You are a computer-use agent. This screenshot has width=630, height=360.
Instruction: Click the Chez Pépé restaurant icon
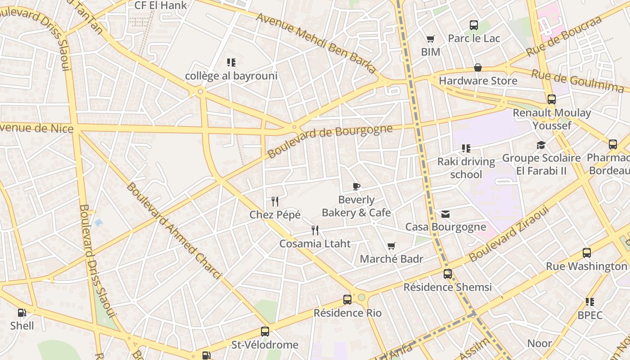pyautogui.click(x=275, y=202)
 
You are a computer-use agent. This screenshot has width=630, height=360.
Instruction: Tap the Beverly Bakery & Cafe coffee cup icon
pyautogui.click(x=356, y=186)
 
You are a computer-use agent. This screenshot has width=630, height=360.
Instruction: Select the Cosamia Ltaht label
pyautogui.click(x=315, y=244)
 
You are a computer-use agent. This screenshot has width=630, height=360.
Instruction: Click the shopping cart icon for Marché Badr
pyautogui.click(x=391, y=246)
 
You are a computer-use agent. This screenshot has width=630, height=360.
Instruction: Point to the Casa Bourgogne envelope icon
pyautogui.click(x=445, y=214)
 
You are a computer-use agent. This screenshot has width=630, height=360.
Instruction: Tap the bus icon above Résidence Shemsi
pyautogui.click(x=448, y=274)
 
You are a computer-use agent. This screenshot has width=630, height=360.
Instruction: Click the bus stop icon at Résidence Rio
pyautogui.click(x=347, y=299)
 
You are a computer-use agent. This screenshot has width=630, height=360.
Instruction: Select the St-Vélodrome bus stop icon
pyautogui.click(x=265, y=332)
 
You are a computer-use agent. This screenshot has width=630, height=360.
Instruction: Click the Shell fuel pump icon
pyautogui.click(x=22, y=312)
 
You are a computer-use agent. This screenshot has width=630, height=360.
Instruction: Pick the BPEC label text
pyautogui.click(x=589, y=315)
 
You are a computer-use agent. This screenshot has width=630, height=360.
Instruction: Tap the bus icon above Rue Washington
pyautogui.click(x=587, y=253)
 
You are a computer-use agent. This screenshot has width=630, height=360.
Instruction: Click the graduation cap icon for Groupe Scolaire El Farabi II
pyautogui.click(x=541, y=145)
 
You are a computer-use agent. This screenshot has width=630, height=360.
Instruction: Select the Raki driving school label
pyautogui.click(x=466, y=168)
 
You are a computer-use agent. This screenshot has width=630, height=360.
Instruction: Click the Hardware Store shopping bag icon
pyautogui.click(x=478, y=67)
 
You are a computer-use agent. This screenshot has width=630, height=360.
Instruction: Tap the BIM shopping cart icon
pyautogui.click(x=431, y=39)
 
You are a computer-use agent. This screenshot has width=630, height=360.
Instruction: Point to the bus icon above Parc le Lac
pyautogui.click(x=474, y=25)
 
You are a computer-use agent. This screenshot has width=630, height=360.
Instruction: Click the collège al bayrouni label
pyautogui.click(x=231, y=76)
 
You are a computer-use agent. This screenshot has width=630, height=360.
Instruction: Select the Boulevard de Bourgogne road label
pyautogui.click(x=330, y=141)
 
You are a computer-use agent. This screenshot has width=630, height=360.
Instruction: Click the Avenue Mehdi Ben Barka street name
pyautogui.click(x=316, y=43)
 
